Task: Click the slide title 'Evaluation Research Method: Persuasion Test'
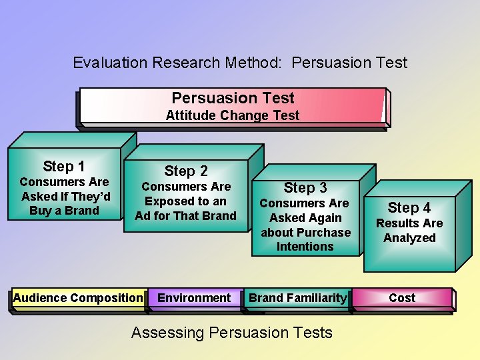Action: tap(239, 63)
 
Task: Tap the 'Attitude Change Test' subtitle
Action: tap(233, 115)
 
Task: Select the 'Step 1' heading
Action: tap(63, 167)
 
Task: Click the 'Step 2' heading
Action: tap(186, 171)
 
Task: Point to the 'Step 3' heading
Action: tap(305, 188)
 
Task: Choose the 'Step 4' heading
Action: tap(409, 208)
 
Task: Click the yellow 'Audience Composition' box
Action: tap(78, 298)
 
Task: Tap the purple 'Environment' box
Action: tap(194, 298)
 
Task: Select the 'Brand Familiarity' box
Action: tap(298, 298)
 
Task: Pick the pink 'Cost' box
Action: tap(402, 298)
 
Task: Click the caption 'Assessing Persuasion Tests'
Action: tap(231, 333)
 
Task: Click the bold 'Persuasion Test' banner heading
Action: tap(233, 98)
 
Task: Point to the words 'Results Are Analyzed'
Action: tap(409, 231)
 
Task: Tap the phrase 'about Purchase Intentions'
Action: tap(305, 239)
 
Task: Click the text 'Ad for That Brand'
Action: tap(186, 215)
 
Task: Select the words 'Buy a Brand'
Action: tap(64, 211)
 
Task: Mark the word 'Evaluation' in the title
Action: tap(110, 63)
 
